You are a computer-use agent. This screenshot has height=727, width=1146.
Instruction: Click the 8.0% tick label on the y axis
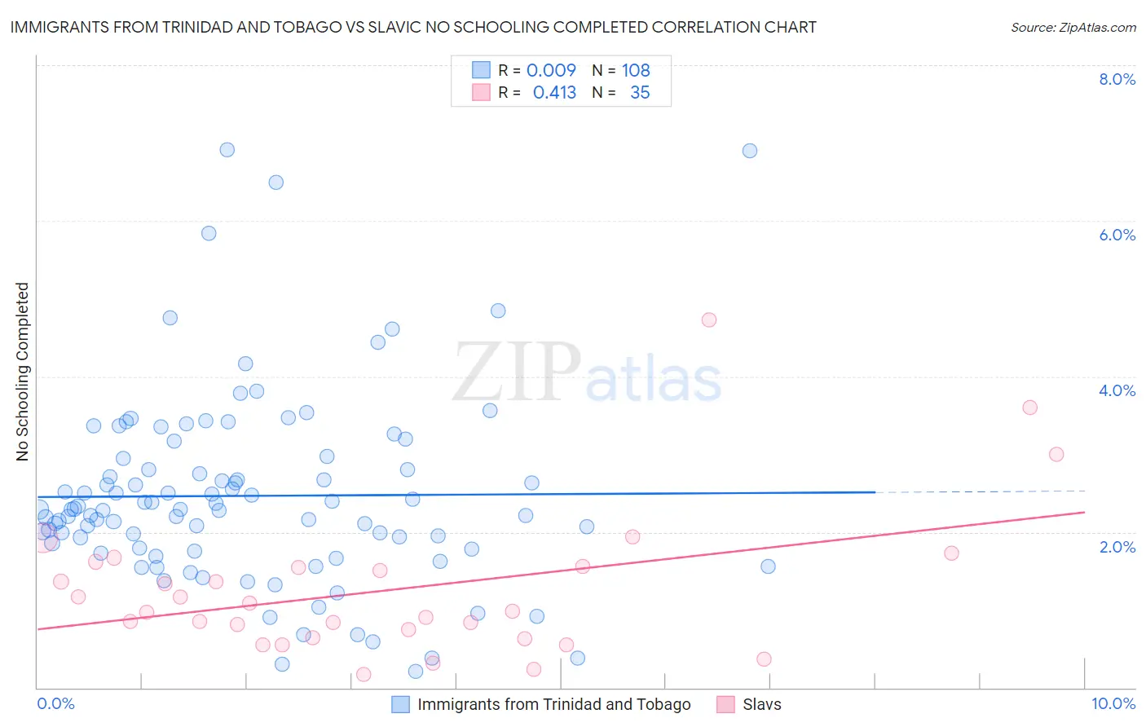coord(1117,79)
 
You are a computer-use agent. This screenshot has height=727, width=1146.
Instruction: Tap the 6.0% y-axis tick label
coord(1117,235)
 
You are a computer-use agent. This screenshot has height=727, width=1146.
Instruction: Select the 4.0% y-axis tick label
coord(1117,390)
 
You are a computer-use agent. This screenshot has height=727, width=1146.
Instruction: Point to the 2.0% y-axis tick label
coord(1117,547)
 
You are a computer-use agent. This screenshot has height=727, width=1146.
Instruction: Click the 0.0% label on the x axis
coord(55,703)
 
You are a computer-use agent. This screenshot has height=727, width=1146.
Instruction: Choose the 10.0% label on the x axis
coord(1113,703)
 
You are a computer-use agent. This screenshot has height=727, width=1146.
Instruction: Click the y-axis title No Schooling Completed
coord(23,372)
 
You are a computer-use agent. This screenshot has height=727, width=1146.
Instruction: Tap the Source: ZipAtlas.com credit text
coord(1073,28)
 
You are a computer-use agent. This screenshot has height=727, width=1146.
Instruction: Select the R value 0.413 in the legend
coord(554,93)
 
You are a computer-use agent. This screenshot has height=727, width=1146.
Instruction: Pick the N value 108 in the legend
coord(636,71)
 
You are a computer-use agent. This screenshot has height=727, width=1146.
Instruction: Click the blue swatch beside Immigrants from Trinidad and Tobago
coord(400,704)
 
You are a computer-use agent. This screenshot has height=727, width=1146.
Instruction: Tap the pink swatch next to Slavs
coord(725,704)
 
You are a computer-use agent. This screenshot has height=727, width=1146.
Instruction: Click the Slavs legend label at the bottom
coord(762,704)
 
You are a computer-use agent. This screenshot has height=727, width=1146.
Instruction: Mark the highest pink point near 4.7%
coord(709,320)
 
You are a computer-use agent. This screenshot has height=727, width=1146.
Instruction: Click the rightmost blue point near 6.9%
coord(750,151)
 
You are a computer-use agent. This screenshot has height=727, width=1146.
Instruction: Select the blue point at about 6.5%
coord(276,183)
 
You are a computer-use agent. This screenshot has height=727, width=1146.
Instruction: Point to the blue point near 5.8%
coord(209,233)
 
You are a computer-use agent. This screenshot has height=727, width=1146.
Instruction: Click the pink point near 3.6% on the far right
coord(1030,408)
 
